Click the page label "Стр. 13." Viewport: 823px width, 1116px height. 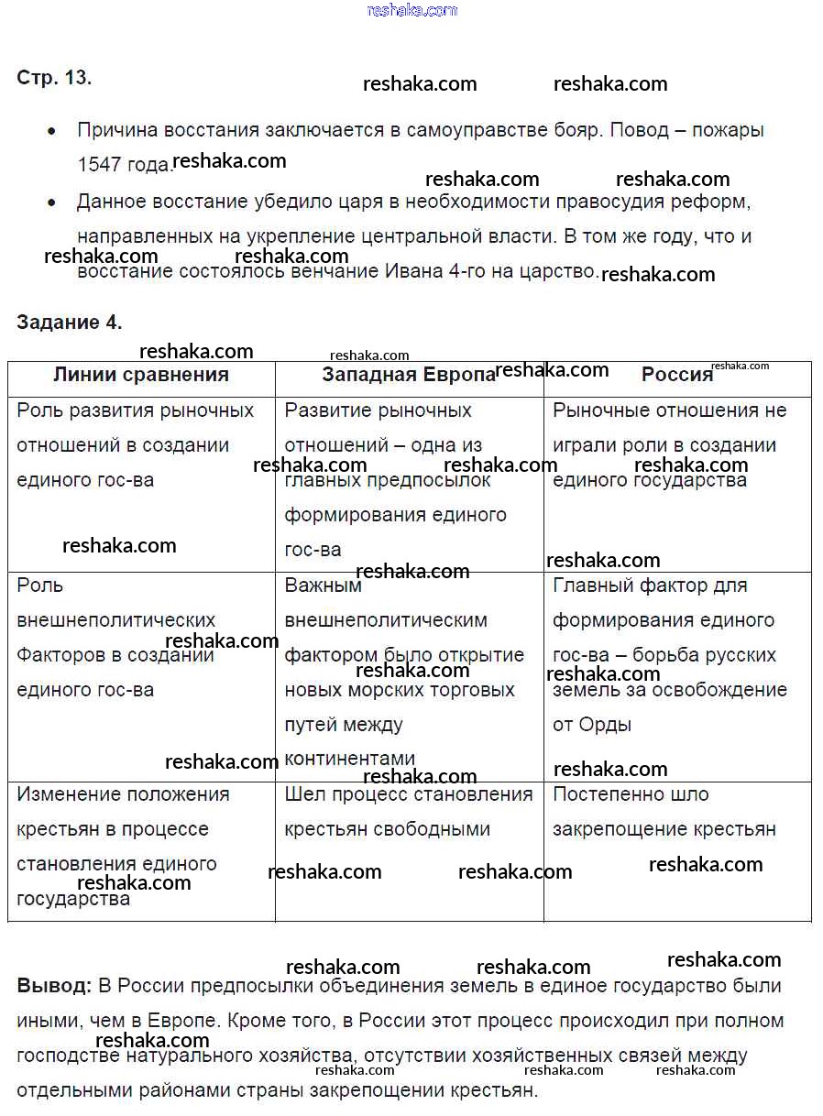coord(54,78)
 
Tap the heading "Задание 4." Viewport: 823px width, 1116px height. coord(69,323)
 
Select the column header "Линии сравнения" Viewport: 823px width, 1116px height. coord(141,375)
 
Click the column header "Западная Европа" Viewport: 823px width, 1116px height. coord(408,375)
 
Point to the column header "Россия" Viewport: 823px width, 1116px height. coord(676,375)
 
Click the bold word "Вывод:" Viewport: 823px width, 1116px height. coord(54,987)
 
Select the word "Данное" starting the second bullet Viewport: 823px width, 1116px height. coord(112,202)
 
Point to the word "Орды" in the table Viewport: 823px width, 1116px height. coord(605,725)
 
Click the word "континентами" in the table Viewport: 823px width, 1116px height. coord(349,760)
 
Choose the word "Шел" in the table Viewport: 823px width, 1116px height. coord(303,794)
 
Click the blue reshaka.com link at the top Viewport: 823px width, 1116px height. coord(411,10)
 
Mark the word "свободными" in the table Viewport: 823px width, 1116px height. coord(438,829)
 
